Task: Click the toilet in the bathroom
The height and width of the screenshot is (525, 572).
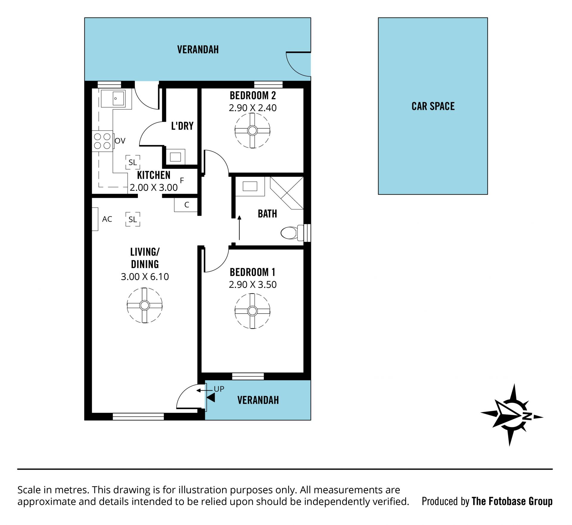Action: click(x=292, y=233)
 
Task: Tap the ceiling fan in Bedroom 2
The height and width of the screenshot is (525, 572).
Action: click(x=252, y=130)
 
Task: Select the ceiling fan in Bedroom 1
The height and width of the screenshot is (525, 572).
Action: click(x=252, y=311)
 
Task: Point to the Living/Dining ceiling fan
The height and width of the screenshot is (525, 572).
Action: click(x=144, y=305)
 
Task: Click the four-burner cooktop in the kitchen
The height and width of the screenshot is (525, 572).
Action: click(x=102, y=141)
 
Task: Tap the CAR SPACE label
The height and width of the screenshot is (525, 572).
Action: click(x=433, y=106)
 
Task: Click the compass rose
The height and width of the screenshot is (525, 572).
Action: click(x=512, y=415)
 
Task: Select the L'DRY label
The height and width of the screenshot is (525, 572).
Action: click(x=182, y=126)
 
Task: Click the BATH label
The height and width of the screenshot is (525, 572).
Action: click(x=267, y=214)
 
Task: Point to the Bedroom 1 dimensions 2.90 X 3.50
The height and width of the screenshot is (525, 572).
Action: click(x=253, y=284)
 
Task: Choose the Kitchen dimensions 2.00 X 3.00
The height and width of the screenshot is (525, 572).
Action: click(x=154, y=187)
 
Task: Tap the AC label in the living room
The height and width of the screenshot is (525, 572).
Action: click(x=107, y=219)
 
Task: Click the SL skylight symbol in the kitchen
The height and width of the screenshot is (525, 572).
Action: click(x=133, y=162)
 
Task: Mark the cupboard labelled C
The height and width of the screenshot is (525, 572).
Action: click(x=186, y=205)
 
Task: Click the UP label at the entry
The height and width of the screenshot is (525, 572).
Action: click(x=219, y=389)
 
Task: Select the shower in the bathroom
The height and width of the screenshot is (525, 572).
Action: click(x=287, y=193)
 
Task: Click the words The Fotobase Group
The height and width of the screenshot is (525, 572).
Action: click(x=512, y=501)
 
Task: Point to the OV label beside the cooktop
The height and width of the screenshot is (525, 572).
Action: click(x=120, y=141)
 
